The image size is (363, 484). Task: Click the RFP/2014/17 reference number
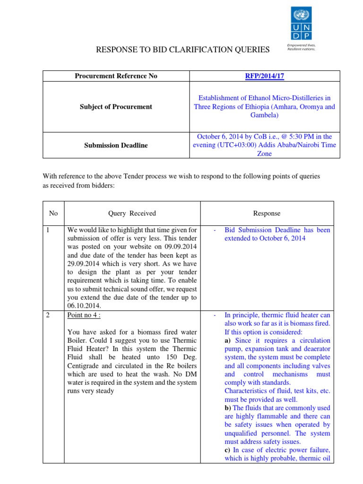click(x=264, y=76)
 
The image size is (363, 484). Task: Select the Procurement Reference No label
click(x=116, y=76)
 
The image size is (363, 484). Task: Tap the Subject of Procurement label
click(x=116, y=107)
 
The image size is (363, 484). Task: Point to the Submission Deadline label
click(x=116, y=145)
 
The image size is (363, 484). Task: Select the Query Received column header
click(x=132, y=213)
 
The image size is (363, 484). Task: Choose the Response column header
click(x=267, y=213)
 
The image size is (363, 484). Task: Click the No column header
click(x=53, y=213)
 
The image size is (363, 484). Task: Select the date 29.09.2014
click(x=85, y=264)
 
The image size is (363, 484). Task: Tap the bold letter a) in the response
click(x=228, y=340)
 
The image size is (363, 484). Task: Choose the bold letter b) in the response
click(x=228, y=408)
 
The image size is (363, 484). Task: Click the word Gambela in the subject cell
click(x=264, y=115)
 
